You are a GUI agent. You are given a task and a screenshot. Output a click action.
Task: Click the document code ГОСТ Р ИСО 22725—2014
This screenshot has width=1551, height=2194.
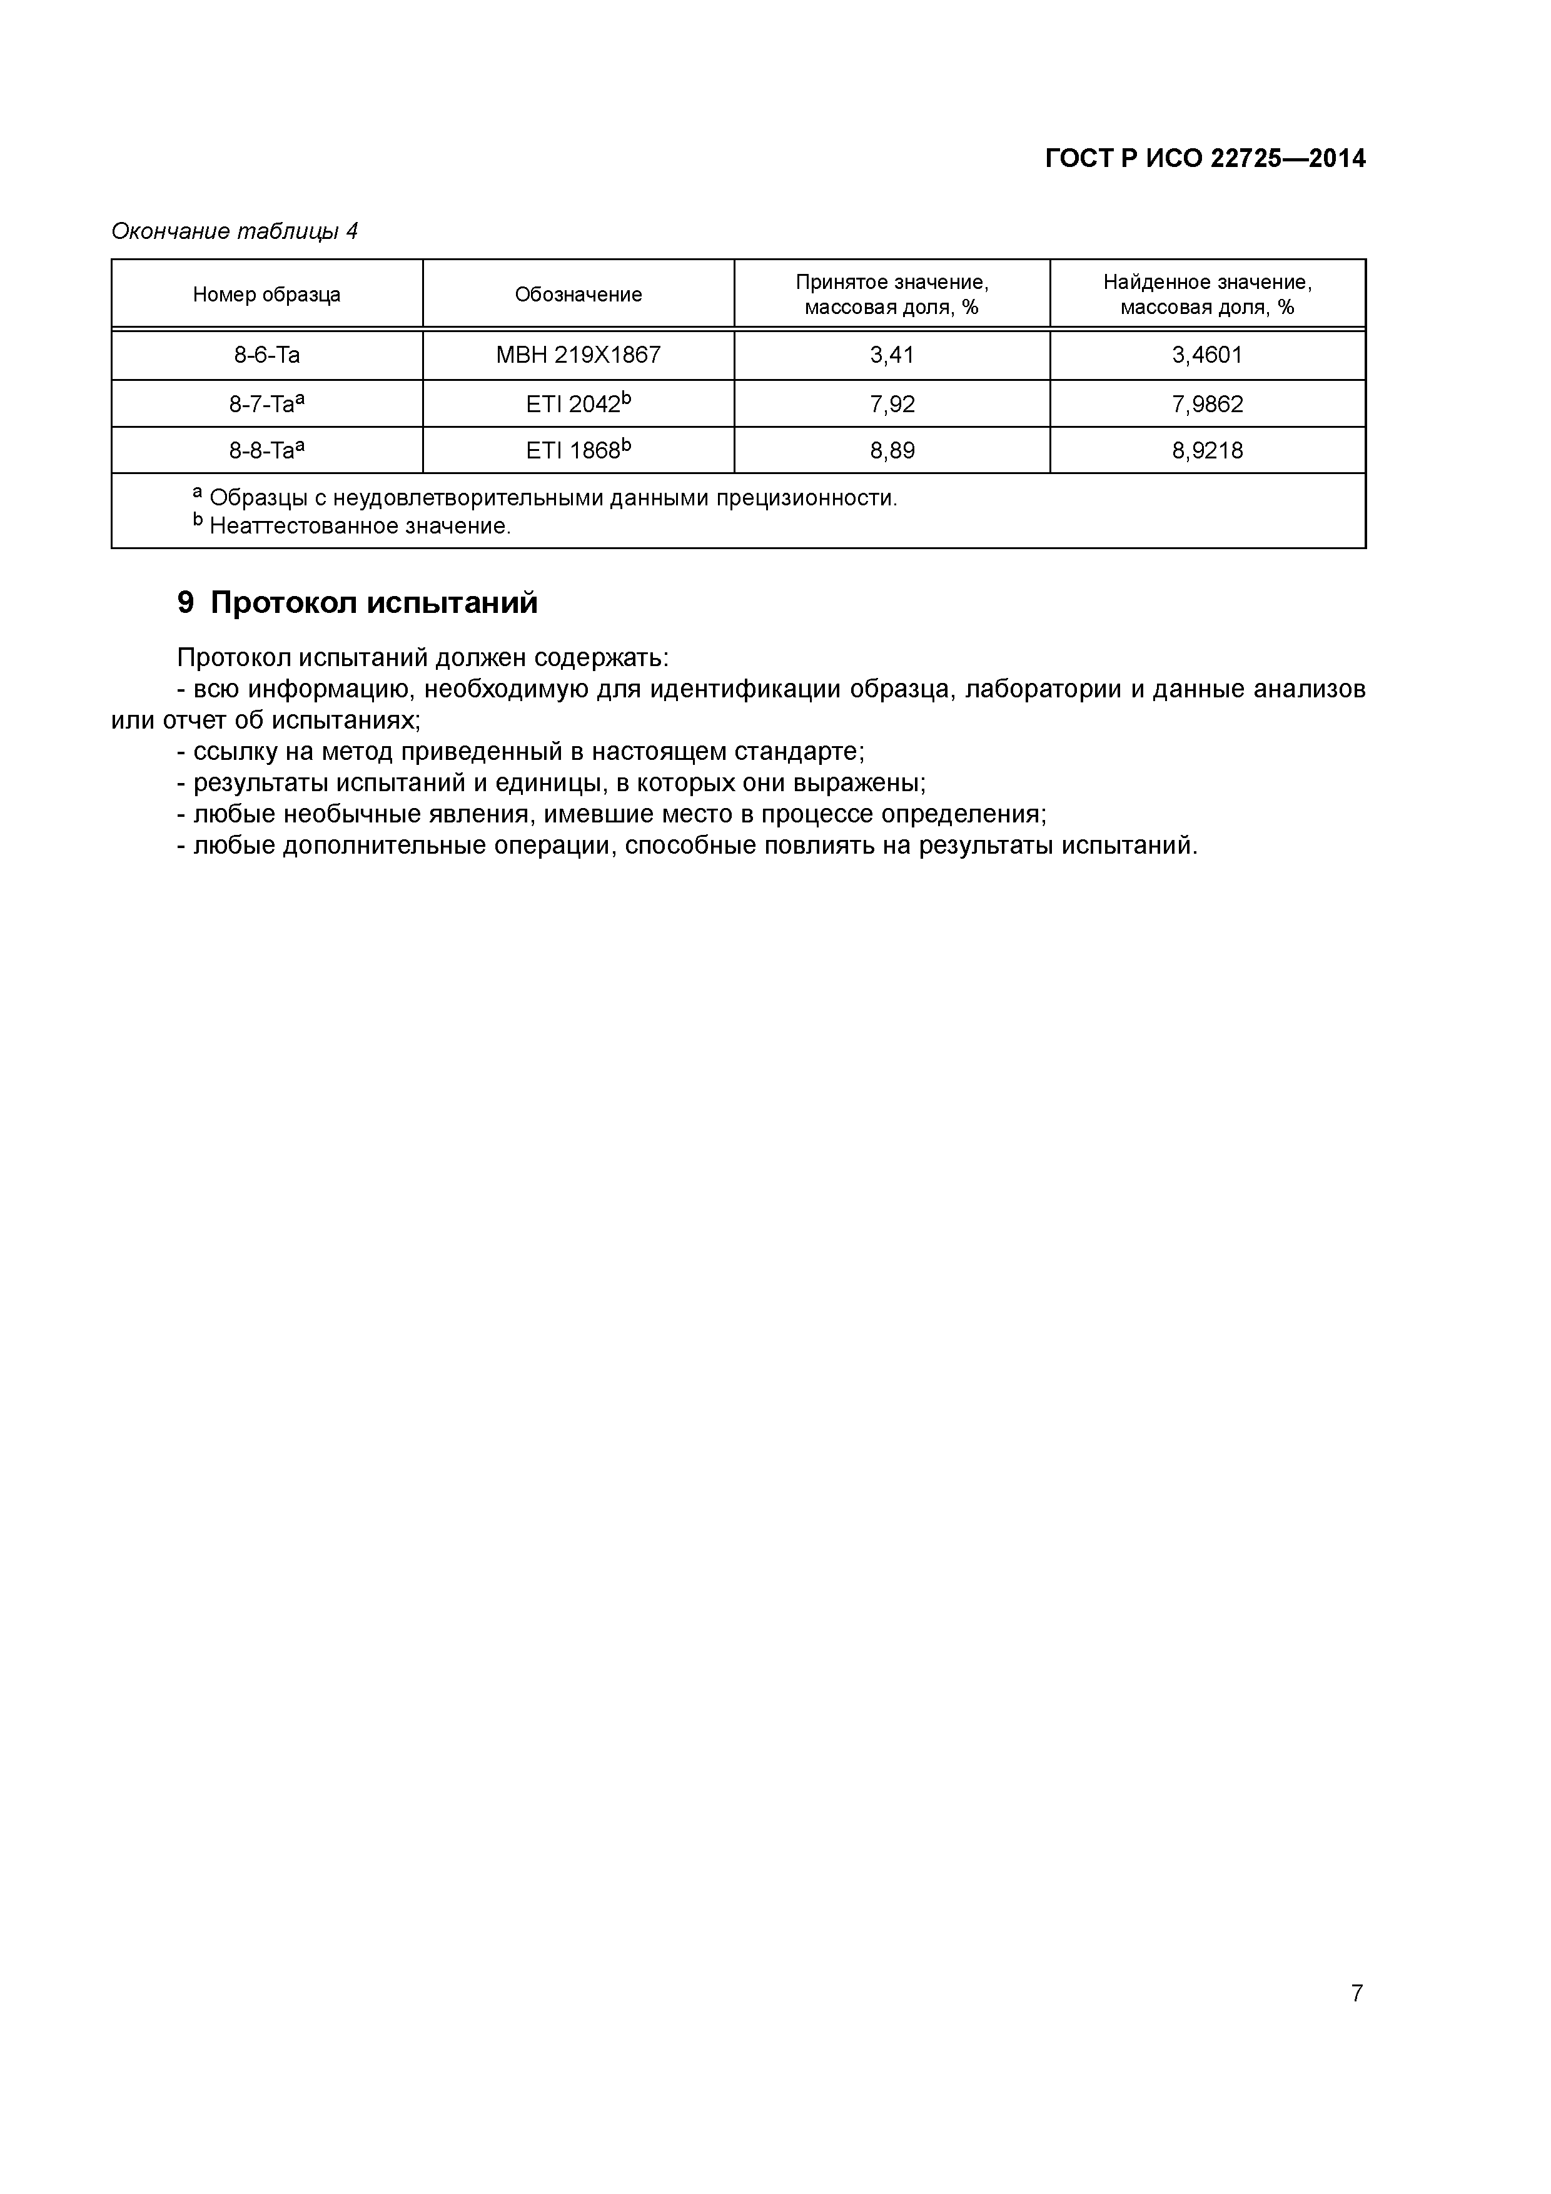[x=1205, y=159]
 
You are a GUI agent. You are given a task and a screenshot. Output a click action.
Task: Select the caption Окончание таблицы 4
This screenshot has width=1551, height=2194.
[x=234, y=231]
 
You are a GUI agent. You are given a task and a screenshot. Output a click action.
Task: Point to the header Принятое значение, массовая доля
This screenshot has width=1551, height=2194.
[x=892, y=295]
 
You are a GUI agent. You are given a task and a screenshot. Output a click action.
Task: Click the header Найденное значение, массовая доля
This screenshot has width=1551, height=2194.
[x=1207, y=295]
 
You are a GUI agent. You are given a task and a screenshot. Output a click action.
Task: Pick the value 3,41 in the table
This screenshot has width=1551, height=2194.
[x=892, y=355]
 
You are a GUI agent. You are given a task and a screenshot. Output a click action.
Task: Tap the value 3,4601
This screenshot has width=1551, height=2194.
[x=1207, y=355]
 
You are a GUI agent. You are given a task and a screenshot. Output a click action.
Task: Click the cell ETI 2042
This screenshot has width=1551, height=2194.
[x=573, y=404]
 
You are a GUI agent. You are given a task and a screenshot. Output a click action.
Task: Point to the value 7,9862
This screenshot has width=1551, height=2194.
[x=1207, y=404]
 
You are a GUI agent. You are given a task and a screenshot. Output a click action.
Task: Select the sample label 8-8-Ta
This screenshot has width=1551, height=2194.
[x=262, y=451]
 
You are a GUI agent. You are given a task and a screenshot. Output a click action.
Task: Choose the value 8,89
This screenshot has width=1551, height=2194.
[x=892, y=451]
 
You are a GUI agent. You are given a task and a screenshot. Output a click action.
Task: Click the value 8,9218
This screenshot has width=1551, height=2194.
[x=1207, y=451]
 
